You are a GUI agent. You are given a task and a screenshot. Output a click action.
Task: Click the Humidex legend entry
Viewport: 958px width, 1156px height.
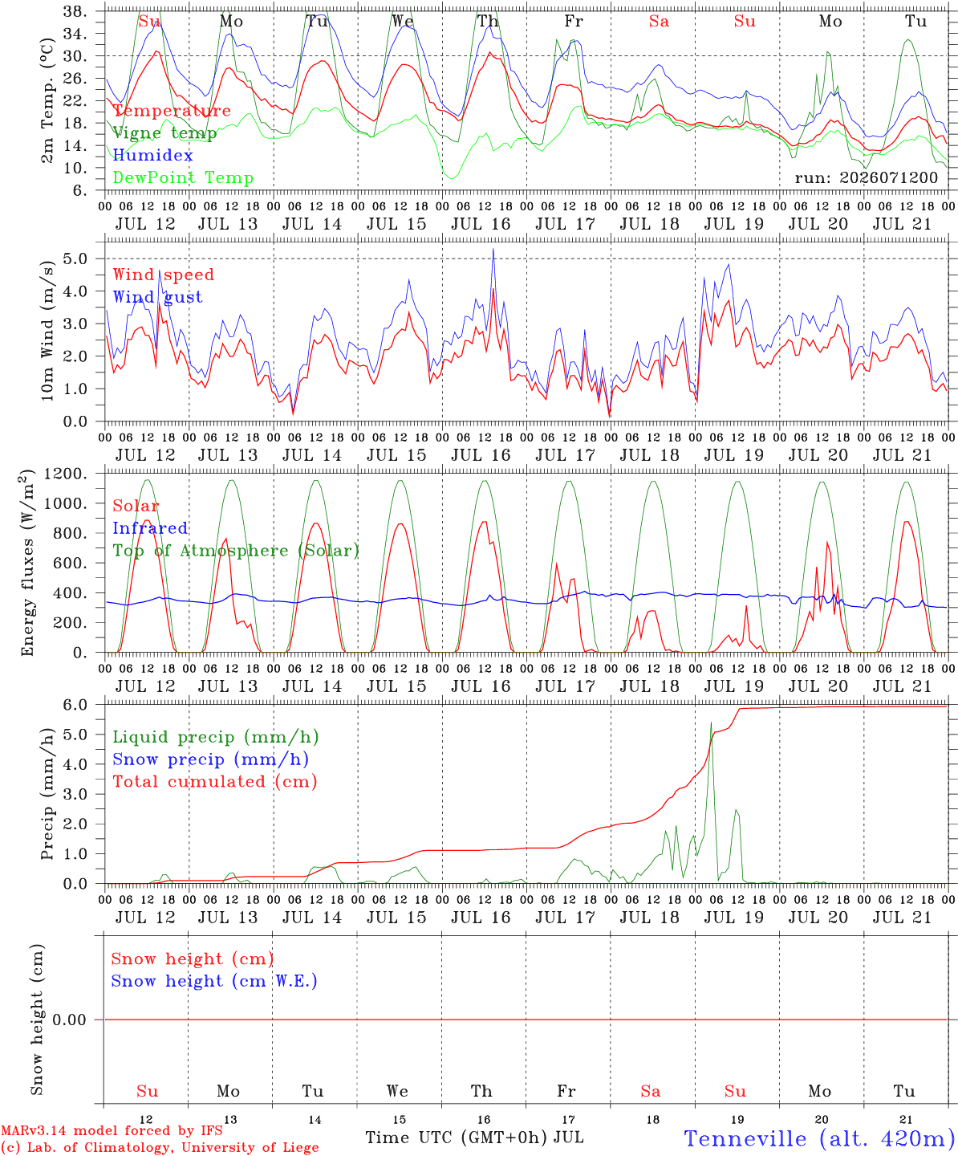[152, 155]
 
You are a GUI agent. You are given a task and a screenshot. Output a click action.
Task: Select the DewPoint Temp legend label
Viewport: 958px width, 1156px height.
[183, 177]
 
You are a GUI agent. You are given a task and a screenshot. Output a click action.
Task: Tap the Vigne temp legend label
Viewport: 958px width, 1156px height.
[164, 133]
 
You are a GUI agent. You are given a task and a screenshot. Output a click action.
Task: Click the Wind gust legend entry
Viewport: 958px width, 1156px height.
[158, 297]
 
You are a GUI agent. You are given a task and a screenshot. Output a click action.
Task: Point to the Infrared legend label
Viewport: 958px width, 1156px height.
[150, 528]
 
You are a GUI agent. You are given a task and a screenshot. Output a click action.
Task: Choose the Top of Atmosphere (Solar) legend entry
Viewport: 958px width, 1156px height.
[237, 551]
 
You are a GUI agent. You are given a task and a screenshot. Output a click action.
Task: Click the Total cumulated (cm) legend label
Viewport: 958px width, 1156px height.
[215, 782]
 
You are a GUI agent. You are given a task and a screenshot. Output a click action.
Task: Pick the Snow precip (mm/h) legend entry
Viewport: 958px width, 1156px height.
[210, 759]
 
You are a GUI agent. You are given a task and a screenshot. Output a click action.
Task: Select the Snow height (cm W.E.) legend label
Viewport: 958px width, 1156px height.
[214, 981]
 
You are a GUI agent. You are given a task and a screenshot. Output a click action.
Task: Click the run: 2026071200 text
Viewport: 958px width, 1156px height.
[866, 177]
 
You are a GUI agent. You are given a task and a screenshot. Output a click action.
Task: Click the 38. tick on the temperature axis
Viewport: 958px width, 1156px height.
[75, 11]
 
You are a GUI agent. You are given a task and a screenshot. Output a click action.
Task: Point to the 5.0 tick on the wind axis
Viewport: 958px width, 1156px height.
[75, 258]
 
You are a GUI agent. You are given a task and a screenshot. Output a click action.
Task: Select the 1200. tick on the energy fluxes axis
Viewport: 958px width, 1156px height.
[65, 474]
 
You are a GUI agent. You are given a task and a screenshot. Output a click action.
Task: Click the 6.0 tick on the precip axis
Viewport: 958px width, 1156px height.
[75, 705]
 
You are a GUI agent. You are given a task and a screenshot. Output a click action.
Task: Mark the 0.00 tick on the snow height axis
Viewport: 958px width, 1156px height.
[69, 1020]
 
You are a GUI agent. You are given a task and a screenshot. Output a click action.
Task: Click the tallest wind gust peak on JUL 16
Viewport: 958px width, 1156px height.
[493, 249]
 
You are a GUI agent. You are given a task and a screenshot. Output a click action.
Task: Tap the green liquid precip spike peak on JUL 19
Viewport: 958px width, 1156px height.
[711, 722]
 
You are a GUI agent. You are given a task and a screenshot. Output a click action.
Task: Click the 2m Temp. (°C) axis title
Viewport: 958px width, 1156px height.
[47, 100]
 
